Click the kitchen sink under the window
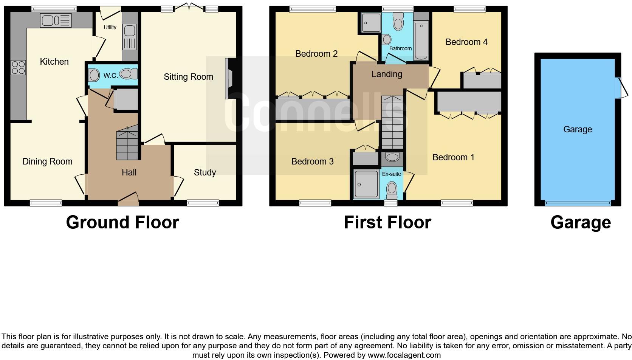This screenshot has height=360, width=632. (56, 20)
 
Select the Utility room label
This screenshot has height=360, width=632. (110, 27)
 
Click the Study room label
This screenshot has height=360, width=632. (204, 172)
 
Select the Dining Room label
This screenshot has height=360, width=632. (47, 161)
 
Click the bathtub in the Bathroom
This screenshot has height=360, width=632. (421, 41)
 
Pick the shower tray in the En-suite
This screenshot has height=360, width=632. (366, 184)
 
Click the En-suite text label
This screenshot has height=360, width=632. (391, 174)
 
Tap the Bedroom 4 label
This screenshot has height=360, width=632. (466, 42)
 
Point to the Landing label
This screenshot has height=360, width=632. (386, 74)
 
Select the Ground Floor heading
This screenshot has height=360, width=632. (122, 222)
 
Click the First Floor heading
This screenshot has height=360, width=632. (387, 222)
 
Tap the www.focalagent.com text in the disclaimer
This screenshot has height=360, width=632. (404, 355)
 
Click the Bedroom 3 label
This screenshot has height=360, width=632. (312, 161)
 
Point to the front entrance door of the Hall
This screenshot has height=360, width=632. (128, 199)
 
